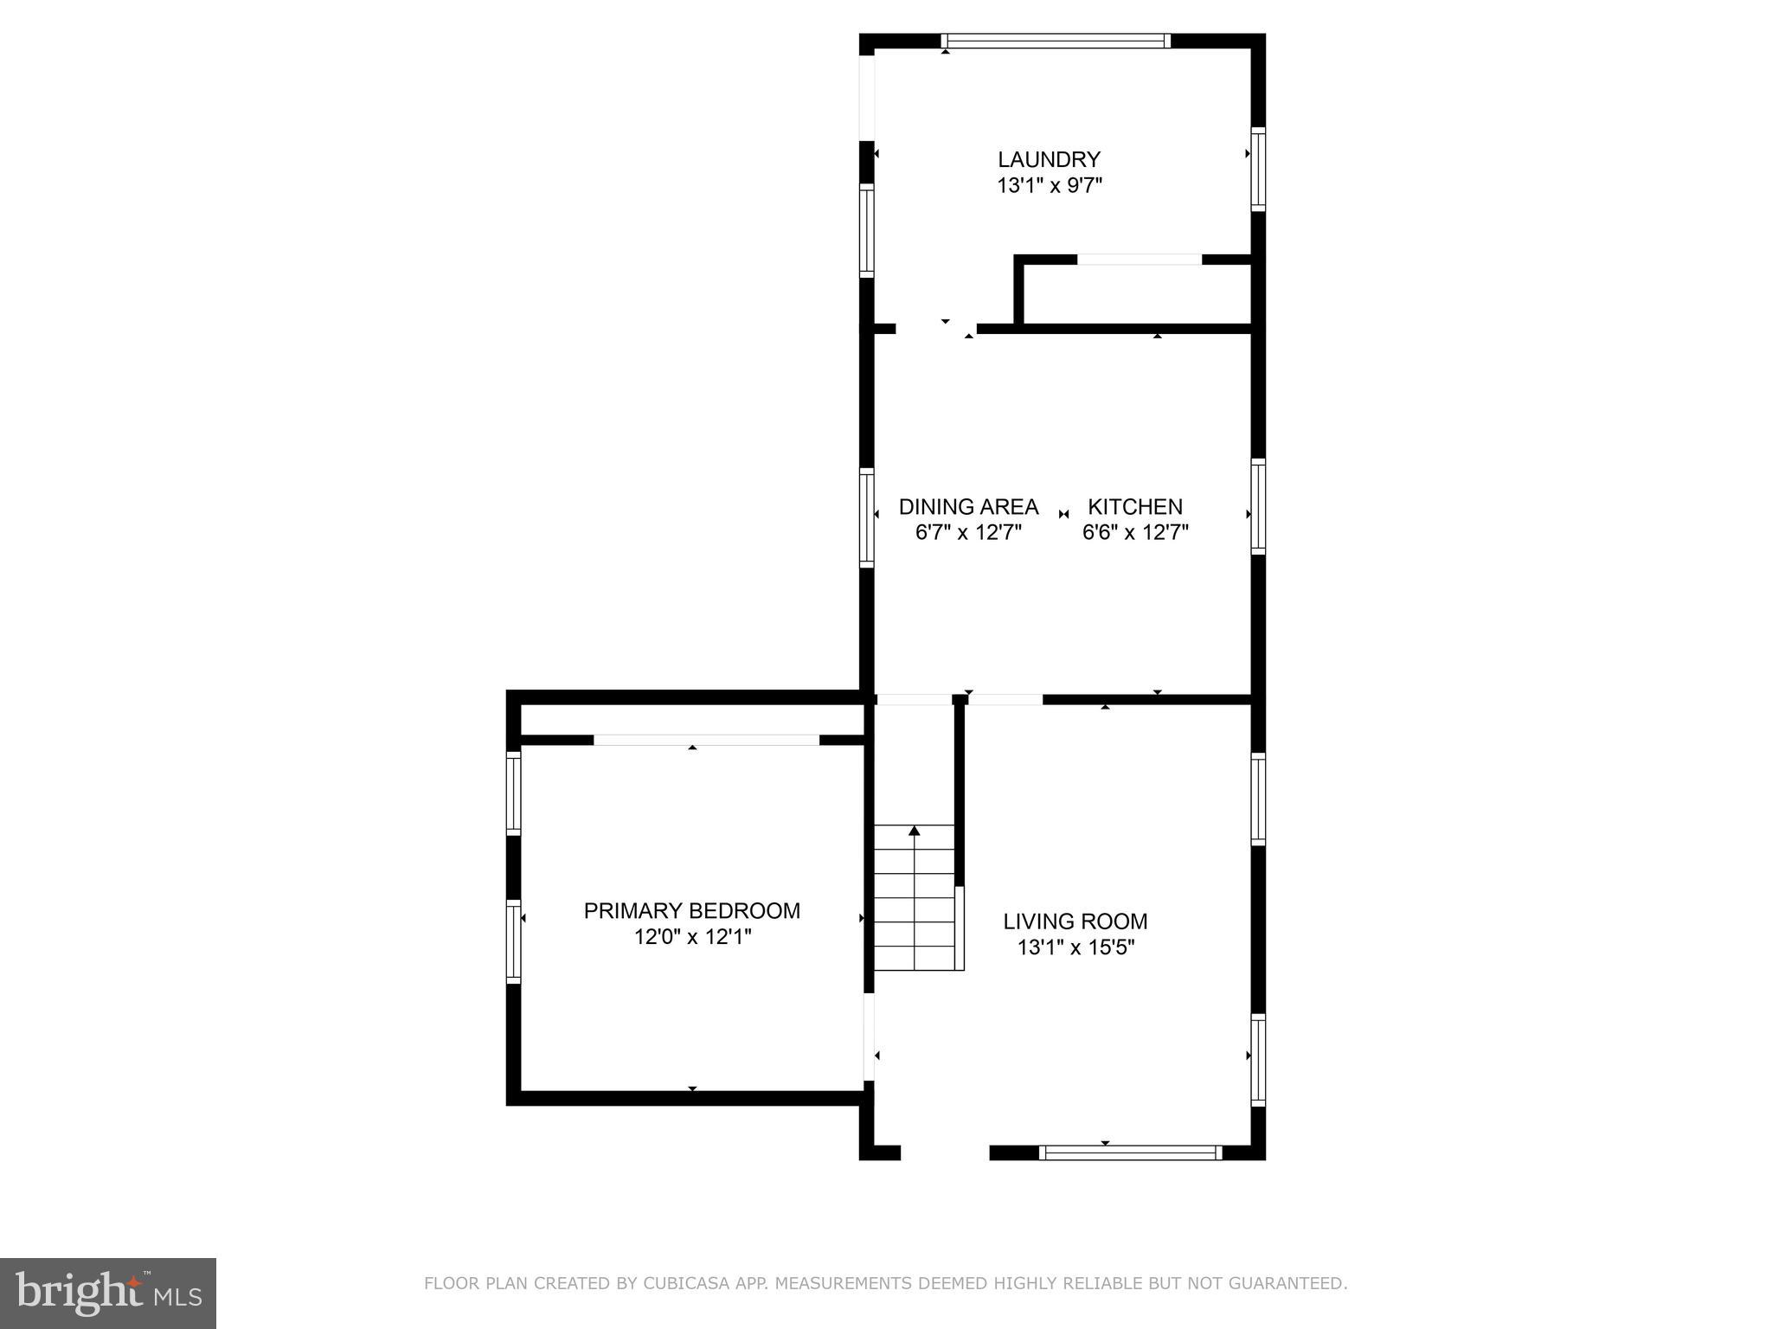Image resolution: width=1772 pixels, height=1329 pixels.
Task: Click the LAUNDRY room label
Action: pyautogui.click(x=1049, y=159)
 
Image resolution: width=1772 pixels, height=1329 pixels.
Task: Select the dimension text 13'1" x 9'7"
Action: pyautogui.click(x=1049, y=185)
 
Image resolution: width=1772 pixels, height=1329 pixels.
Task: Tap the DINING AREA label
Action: pyautogui.click(x=968, y=506)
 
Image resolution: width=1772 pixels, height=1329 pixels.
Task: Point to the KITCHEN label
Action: pyautogui.click(x=1134, y=506)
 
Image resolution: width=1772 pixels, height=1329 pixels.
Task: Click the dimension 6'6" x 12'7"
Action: pyautogui.click(x=1134, y=532)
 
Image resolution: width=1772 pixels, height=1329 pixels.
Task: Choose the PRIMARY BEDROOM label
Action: pyautogui.click(x=691, y=910)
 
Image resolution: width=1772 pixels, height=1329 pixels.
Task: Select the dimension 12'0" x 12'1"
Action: pyautogui.click(x=691, y=936)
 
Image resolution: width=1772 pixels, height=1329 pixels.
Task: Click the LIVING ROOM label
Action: pyautogui.click(x=1075, y=921)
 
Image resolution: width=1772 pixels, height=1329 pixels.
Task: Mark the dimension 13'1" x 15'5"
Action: pyautogui.click(x=1075, y=947)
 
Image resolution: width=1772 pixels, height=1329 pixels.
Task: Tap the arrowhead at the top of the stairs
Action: pyautogui.click(x=914, y=831)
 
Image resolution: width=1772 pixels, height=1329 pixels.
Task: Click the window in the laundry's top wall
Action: pyautogui.click(x=1056, y=41)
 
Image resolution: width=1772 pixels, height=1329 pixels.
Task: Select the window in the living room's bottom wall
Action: pyautogui.click(x=1130, y=1152)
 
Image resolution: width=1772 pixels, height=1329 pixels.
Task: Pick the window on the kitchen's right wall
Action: pyautogui.click(x=1258, y=506)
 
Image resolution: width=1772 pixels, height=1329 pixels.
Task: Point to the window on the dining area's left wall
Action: pyautogui.click(x=866, y=517)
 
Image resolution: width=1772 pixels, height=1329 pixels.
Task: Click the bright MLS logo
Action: pyautogui.click(x=107, y=1293)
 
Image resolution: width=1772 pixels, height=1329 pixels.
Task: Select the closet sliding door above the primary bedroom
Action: pyautogui.click(x=706, y=740)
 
